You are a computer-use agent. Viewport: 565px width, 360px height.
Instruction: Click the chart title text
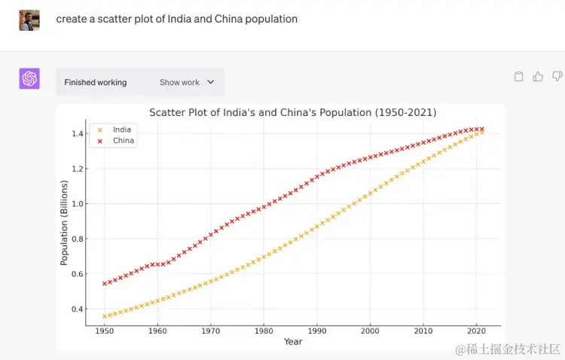(292, 112)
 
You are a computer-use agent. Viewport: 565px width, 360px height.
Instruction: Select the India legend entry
(121, 130)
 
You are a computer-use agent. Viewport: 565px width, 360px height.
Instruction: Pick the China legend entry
(123, 141)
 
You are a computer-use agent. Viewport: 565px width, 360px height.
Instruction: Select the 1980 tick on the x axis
(263, 330)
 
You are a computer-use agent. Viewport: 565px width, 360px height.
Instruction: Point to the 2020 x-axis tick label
(475, 330)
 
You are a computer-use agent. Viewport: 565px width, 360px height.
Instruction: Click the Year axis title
(293, 341)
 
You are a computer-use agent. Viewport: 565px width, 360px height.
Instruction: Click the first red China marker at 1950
(104, 284)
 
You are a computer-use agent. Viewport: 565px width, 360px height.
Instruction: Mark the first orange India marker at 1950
(104, 316)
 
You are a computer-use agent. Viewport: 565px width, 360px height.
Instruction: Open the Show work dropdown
(186, 82)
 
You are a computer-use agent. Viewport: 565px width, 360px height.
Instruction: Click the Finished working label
(96, 82)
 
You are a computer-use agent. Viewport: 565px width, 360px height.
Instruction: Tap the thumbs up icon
(538, 76)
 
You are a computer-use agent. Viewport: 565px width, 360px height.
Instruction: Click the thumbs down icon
(557, 76)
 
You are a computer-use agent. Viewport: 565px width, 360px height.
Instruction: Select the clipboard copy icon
(518, 76)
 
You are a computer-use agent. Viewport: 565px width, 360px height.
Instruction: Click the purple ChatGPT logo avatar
(29, 78)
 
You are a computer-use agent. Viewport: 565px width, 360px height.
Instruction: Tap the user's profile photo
(29, 20)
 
